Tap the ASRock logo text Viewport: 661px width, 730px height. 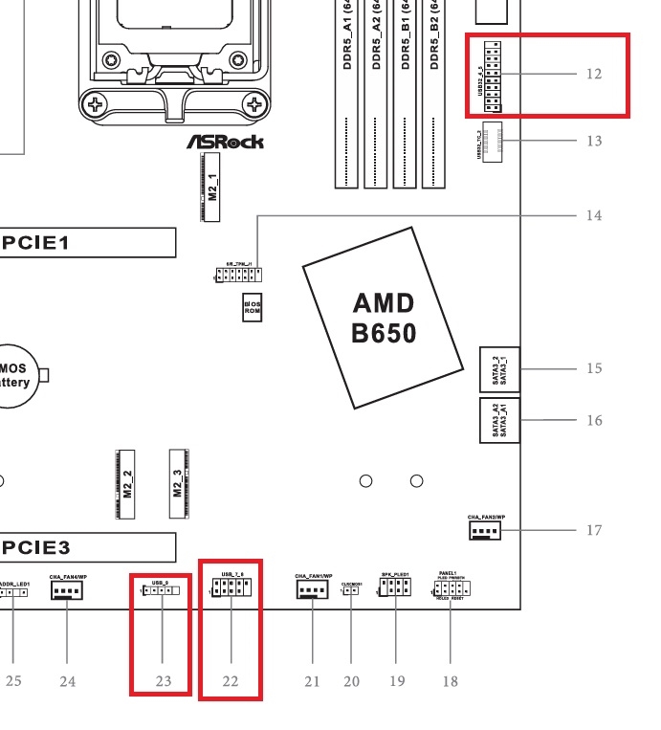[x=225, y=142]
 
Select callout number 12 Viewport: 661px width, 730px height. [x=594, y=74]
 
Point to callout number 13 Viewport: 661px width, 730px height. [x=594, y=141]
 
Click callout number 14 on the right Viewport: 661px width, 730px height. [x=594, y=215]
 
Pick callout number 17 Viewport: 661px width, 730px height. [x=594, y=529]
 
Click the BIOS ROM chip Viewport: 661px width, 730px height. [x=252, y=307]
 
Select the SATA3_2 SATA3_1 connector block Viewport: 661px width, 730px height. [x=499, y=367]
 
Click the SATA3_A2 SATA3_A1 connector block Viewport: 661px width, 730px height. [x=499, y=420]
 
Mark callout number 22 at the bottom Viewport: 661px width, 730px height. [x=231, y=681]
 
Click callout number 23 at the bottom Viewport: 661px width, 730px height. [x=164, y=681]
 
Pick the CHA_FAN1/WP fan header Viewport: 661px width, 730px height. [x=313, y=590]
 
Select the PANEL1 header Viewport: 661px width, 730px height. [x=451, y=590]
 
